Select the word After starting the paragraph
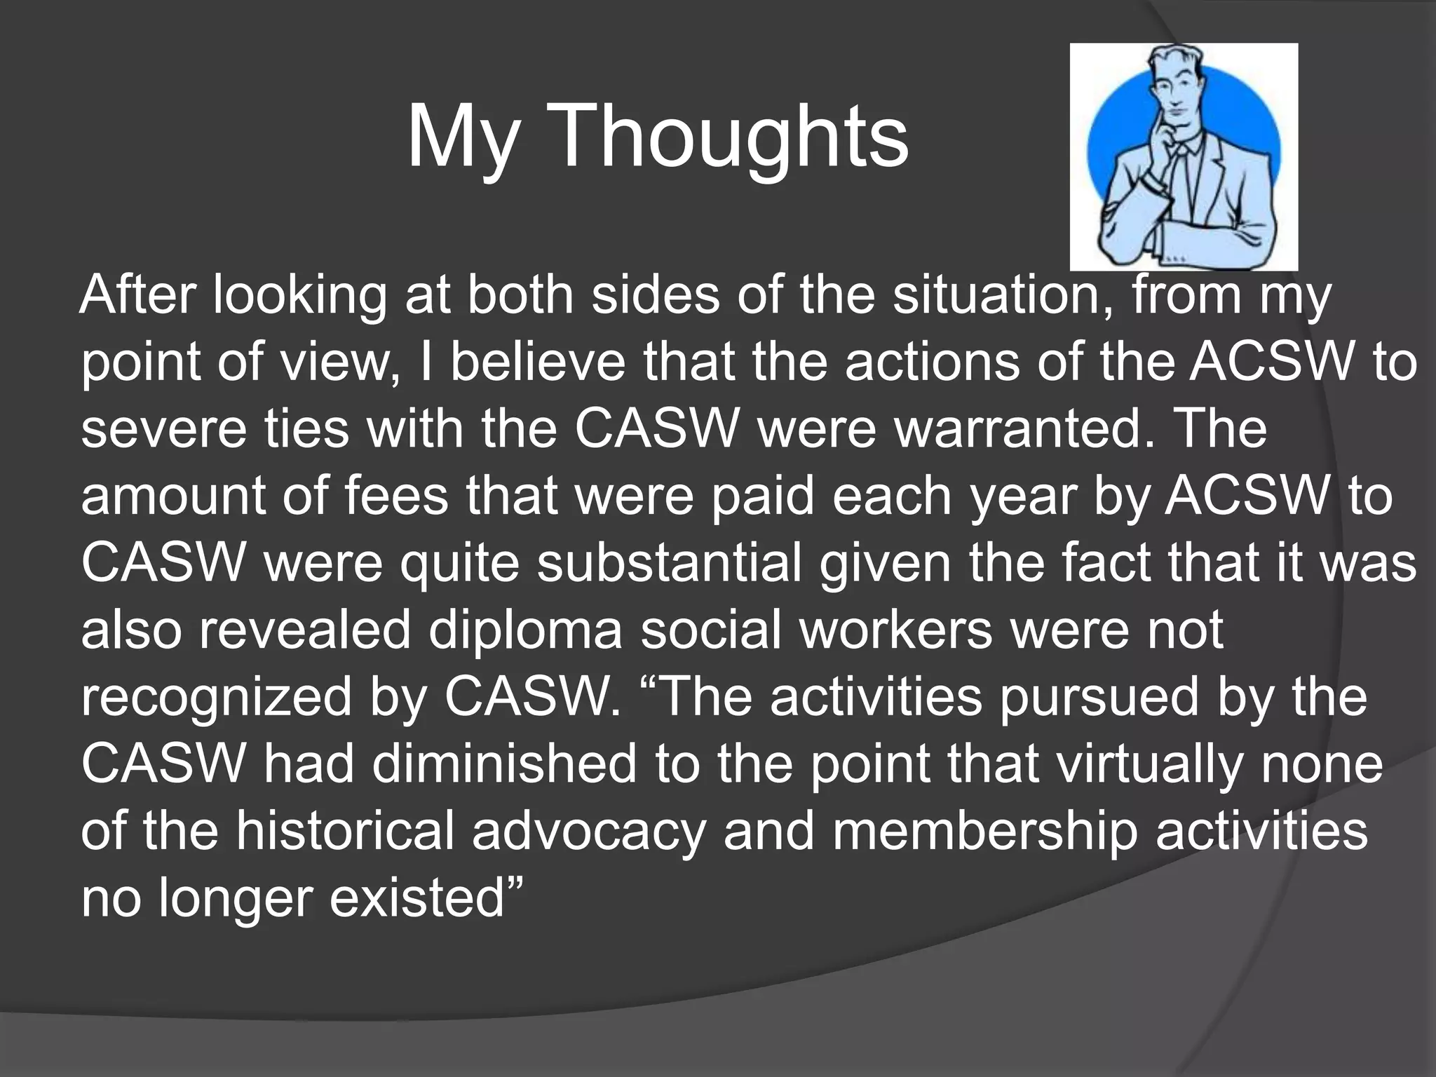pos(137,294)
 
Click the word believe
pos(538,362)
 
